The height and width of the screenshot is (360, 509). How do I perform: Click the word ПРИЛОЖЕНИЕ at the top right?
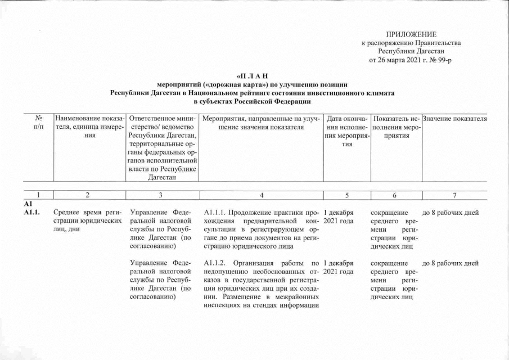[x=411, y=35]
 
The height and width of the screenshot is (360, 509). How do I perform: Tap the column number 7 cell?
[x=454, y=195]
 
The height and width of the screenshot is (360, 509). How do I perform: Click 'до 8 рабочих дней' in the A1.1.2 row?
[x=450, y=263]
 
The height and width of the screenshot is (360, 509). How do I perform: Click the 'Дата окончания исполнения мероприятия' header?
[x=347, y=131]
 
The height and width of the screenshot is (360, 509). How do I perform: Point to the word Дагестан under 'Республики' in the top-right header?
[x=424, y=51]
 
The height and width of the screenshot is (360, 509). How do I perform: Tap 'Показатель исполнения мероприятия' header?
[x=397, y=127]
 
